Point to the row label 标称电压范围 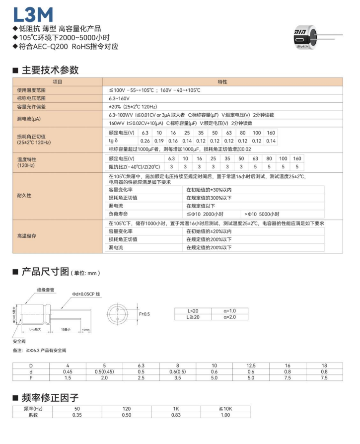point(31,98)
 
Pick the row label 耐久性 point(24,196)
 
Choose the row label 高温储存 point(27,235)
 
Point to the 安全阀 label point(19,341)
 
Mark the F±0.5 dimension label point(144,314)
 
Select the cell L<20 point(193,310)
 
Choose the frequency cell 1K point(176,409)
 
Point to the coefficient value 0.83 point(176,415)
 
